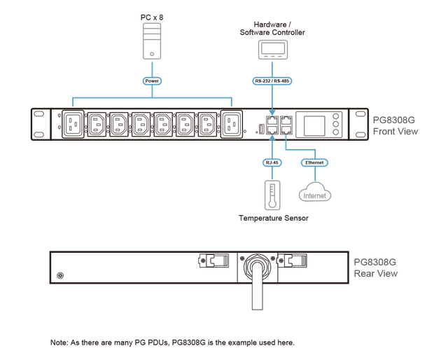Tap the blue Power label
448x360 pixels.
coord(152,81)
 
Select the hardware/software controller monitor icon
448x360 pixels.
coord(272,50)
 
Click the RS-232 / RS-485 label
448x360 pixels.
coord(272,81)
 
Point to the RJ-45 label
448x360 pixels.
coord(272,162)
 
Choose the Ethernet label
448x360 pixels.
coord(315,162)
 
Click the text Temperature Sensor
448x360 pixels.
coord(272,219)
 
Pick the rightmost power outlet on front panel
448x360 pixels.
coord(232,126)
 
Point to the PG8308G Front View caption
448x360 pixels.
coord(395,125)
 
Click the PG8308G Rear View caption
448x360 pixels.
coord(375,268)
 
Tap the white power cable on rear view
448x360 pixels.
coord(257,291)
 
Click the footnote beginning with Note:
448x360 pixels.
coord(173,342)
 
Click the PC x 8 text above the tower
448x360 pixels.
coord(152,16)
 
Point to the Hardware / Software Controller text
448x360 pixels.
coord(272,29)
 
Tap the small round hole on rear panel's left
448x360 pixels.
coord(59,276)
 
